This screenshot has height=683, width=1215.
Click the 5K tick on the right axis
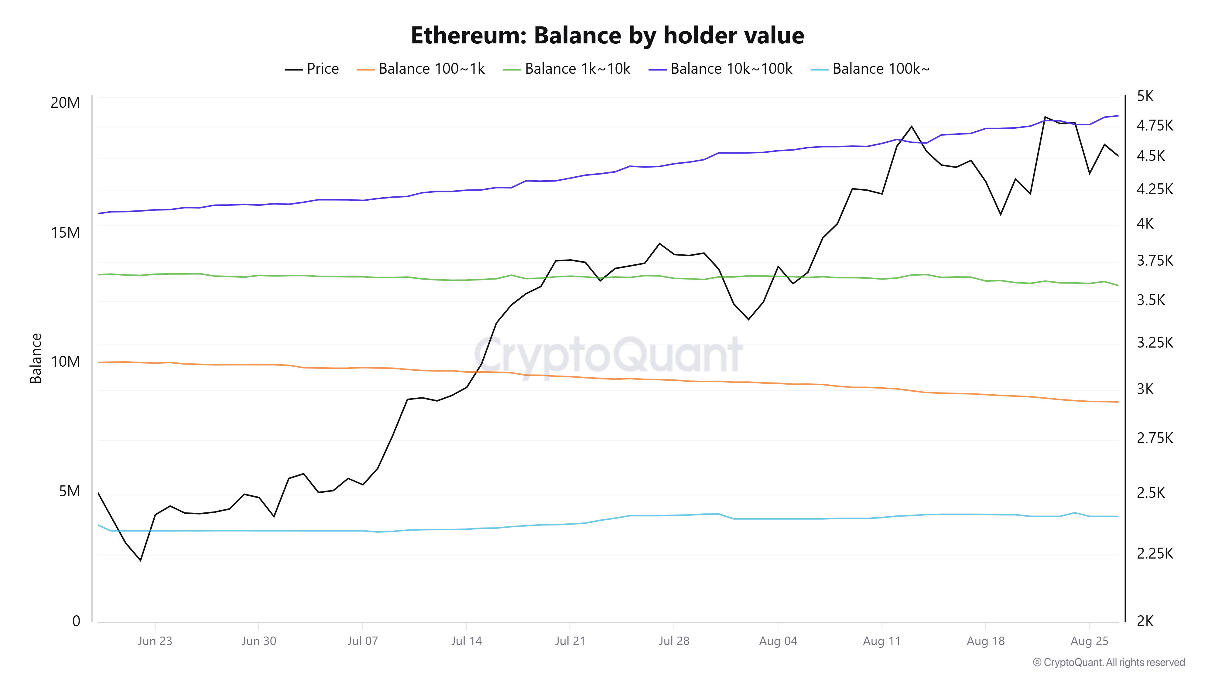[1145, 96]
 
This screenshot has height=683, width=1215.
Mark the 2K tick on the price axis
[1145, 621]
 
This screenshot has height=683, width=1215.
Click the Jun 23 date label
[155, 641]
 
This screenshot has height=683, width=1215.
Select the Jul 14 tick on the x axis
[466, 641]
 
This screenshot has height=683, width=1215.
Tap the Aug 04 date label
[778, 641]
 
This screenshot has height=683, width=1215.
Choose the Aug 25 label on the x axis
[1089, 641]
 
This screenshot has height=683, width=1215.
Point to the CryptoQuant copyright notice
[1108, 662]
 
